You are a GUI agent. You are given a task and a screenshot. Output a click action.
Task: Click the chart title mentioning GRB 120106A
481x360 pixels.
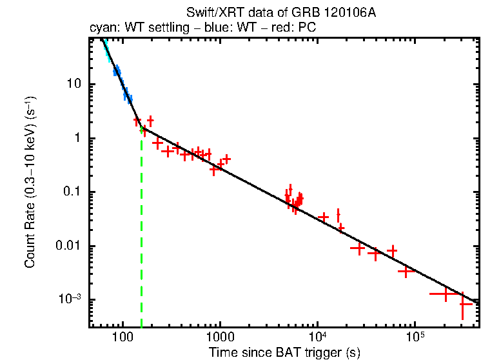click(284, 13)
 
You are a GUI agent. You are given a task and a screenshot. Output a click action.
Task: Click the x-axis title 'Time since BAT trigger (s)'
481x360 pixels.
click(284, 352)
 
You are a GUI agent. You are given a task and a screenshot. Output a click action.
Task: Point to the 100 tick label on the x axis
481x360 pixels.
click(122, 338)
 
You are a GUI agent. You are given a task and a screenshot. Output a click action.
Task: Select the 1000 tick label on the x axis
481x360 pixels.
click(220, 338)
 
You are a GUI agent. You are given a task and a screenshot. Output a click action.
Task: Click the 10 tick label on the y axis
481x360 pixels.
click(75, 85)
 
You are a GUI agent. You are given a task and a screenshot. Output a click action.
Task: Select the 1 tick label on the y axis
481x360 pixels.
click(77, 138)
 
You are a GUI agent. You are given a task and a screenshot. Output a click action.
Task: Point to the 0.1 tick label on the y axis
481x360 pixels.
click(72, 192)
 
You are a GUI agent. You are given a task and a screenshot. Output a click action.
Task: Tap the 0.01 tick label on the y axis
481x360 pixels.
click(69, 246)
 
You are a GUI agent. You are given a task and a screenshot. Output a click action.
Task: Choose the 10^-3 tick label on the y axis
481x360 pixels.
click(70, 299)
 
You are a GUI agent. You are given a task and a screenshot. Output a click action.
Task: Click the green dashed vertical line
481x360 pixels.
click(141, 226)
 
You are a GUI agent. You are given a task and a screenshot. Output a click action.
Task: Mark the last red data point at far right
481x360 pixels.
click(463, 303)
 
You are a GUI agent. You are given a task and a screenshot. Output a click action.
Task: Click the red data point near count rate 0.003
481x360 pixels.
click(405, 272)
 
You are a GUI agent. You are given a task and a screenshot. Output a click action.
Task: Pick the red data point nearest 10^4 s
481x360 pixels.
click(324, 217)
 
